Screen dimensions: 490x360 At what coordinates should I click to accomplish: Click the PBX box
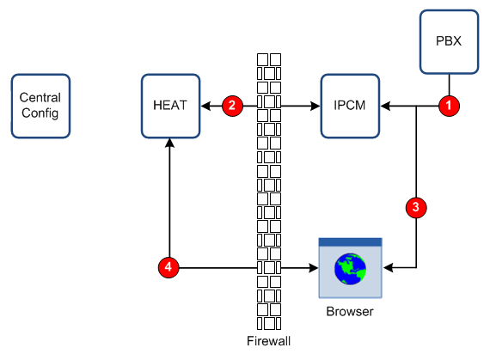click(449, 42)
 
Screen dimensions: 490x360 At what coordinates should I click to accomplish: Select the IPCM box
click(351, 106)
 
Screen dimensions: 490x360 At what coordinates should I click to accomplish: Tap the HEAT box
click(170, 106)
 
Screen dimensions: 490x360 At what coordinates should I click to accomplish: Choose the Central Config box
click(40, 106)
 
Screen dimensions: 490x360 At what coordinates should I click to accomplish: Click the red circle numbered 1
click(449, 106)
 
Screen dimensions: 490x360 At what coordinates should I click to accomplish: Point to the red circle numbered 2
click(232, 106)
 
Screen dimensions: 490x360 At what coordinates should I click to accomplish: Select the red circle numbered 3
click(416, 207)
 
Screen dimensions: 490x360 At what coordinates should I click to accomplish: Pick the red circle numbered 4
click(168, 267)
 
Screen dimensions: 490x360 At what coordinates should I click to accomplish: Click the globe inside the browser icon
click(351, 269)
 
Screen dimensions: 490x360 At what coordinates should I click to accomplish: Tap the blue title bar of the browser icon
click(351, 242)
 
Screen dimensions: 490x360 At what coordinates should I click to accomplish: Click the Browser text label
click(350, 311)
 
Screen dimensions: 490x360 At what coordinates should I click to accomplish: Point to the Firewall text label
click(269, 341)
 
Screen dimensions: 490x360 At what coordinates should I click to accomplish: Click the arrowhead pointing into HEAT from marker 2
click(205, 106)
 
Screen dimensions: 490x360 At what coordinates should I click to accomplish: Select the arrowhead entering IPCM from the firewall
click(315, 106)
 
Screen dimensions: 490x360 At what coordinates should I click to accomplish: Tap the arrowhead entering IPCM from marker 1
click(385, 106)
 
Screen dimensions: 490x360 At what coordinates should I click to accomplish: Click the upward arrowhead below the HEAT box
click(169, 143)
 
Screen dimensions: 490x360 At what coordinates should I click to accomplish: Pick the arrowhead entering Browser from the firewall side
click(314, 267)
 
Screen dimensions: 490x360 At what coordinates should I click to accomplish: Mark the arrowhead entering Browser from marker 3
click(388, 267)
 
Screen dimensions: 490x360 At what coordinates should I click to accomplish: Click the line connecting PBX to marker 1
click(449, 85)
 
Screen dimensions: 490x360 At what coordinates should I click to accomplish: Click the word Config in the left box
click(40, 113)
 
